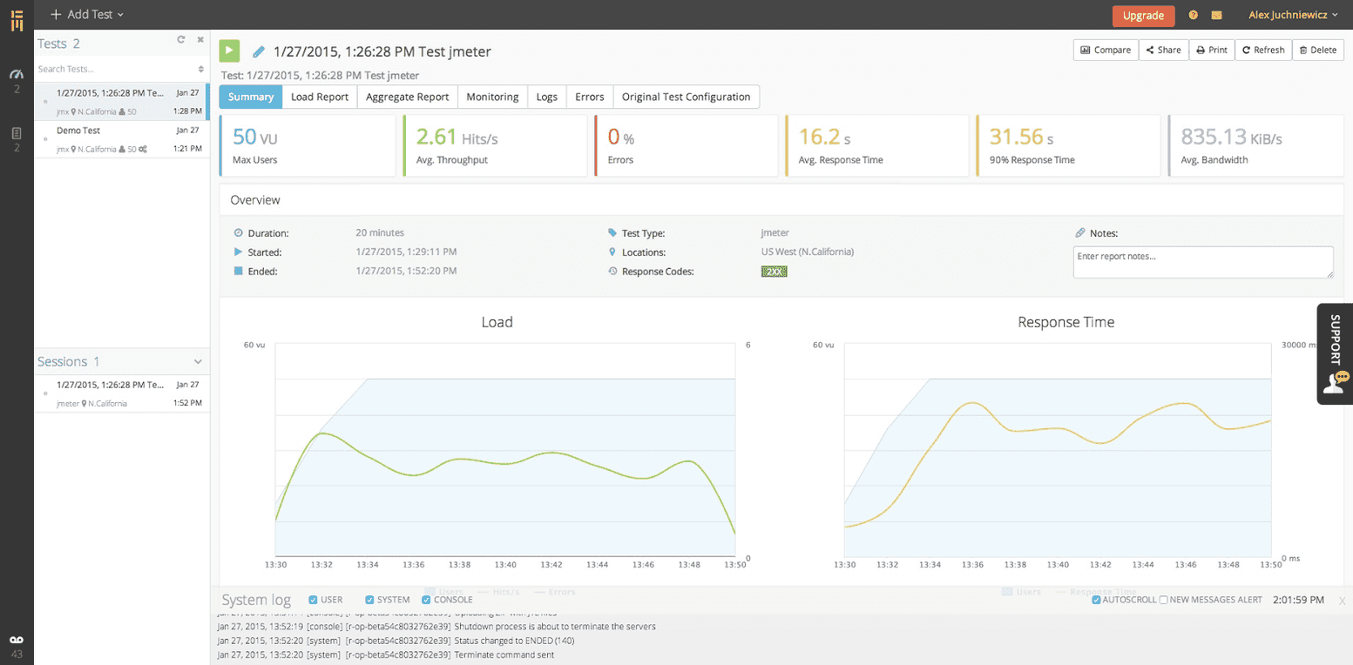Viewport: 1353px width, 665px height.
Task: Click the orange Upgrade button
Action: point(1143,16)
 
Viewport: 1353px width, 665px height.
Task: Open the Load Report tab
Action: point(320,97)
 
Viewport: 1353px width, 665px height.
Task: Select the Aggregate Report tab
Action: point(407,97)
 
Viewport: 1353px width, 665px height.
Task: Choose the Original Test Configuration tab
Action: point(686,97)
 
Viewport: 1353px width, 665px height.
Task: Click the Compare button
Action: point(1106,50)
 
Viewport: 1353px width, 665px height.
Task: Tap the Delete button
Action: point(1317,50)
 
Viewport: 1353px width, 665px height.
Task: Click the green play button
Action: point(229,50)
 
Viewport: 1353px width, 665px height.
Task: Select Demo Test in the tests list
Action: point(78,131)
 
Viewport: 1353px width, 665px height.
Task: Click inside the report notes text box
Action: point(1202,262)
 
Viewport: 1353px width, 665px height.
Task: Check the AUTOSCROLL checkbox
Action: point(1096,600)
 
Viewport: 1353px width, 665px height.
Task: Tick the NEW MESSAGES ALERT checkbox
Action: point(1164,600)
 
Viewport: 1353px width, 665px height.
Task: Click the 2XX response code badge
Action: point(774,272)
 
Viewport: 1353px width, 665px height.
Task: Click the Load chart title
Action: point(497,322)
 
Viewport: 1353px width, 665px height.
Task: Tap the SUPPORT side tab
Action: point(1335,353)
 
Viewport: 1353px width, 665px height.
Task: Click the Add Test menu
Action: point(86,15)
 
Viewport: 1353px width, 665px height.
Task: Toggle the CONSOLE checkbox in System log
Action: point(427,600)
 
